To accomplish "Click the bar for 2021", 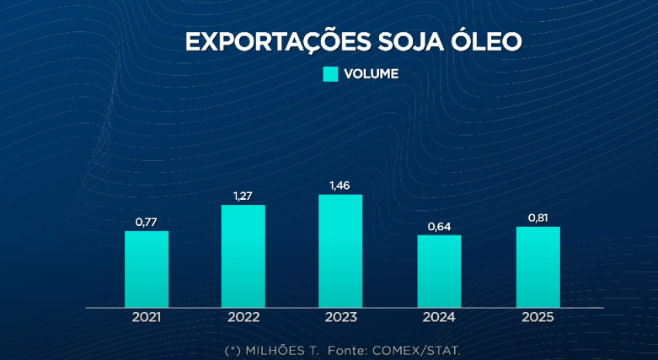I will (147, 269).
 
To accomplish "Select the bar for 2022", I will (243, 256).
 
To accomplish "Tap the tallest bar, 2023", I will (340, 251).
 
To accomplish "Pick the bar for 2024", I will (440, 271).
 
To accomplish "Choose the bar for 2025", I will (538, 267).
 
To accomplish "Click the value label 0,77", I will (147, 223).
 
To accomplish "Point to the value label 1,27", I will (243, 196).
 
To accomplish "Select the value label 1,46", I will (340, 185).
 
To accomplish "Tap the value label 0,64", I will (440, 226).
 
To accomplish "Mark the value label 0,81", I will (538, 218).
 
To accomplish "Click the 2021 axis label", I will (147, 318).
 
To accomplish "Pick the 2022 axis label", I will (243, 318).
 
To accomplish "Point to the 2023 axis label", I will (340, 318).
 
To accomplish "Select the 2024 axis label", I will (440, 318).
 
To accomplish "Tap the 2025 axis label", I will (538, 318).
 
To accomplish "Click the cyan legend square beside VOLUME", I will (330, 74).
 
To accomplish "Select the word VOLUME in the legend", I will (371, 74).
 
